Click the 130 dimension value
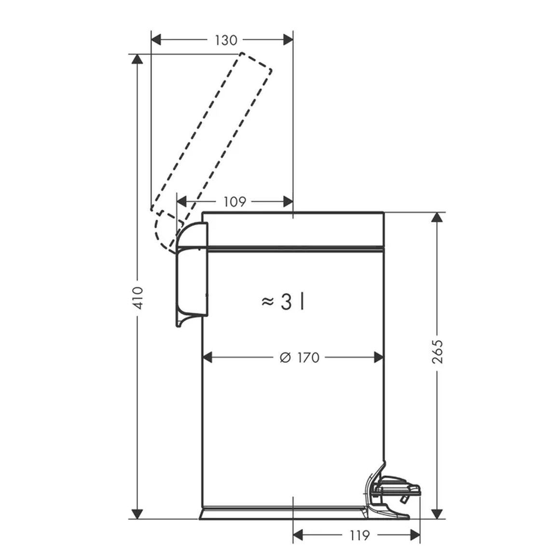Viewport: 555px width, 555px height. pos(226,41)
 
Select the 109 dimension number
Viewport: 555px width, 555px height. pos(235,202)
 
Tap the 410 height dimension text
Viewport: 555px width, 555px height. pos(138,298)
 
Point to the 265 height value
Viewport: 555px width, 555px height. pos(438,351)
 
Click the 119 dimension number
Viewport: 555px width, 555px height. pos(360,535)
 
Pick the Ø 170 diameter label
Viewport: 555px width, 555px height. pos(299,358)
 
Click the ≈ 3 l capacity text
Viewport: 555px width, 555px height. pos(283,302)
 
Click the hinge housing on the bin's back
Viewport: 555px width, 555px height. pos(192,274)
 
